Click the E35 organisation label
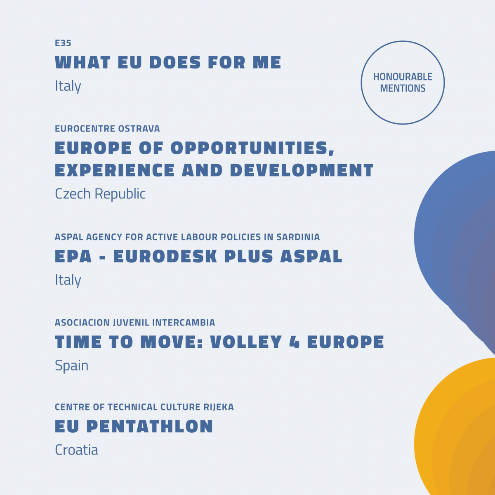coord(63,43)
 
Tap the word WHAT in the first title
coord(83,62)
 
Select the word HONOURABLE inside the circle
coord(403,77)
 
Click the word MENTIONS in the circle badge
coord(403,88)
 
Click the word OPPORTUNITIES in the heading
coord(252,148)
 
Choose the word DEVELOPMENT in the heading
coord(302,170)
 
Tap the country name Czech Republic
coord(100,194)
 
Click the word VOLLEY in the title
coord(246,342)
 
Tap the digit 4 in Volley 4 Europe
coord(295,342)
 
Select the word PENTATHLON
coord(150,427)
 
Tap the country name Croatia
coord(77,450)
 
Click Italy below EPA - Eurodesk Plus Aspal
coord(68,280)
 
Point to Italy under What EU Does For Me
coord(68,86)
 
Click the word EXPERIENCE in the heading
coord(115,170)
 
